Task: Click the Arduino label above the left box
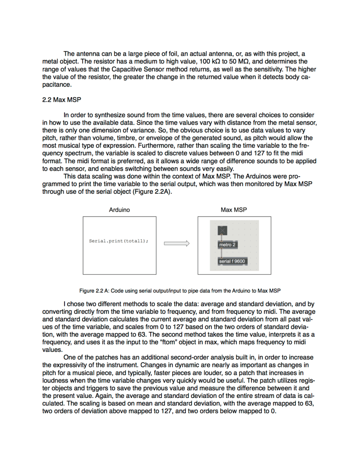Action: (x=119, y=210)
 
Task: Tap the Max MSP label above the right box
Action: (x=234, y=210)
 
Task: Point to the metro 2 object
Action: (x=227, y=245)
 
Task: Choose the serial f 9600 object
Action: (x=232, y=261)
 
